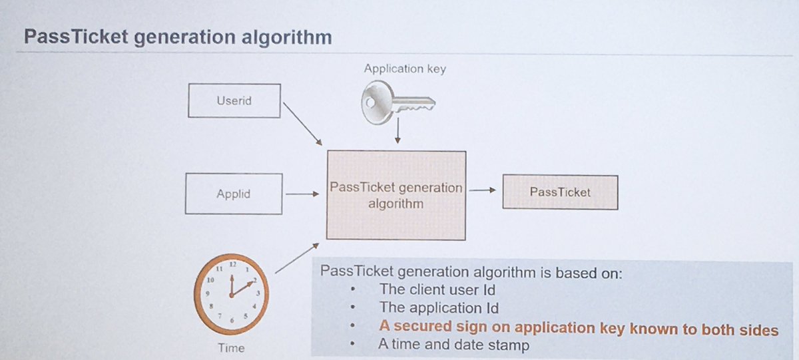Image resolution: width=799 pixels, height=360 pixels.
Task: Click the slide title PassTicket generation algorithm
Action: pyautogui.click(x=177, y=37)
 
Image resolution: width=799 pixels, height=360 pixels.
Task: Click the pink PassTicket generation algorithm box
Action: pyautogui.click(x=396, y=195)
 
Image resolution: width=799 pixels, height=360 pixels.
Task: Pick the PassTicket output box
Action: pyautogui.click(x=560, y=192)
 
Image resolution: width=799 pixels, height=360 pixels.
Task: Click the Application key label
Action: pyautogui.click(x=405, y=69)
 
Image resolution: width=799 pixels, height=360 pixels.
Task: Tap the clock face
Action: pyautogui.click(x=230, y=293)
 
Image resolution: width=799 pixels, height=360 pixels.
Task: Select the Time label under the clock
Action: pyautogui.click(x=231, y=347)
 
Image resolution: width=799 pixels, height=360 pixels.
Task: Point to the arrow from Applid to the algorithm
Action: pyautogui.click(x=302, y=195)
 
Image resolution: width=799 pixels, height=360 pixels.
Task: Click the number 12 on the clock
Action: pyautogui.click(x=232, y=265)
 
